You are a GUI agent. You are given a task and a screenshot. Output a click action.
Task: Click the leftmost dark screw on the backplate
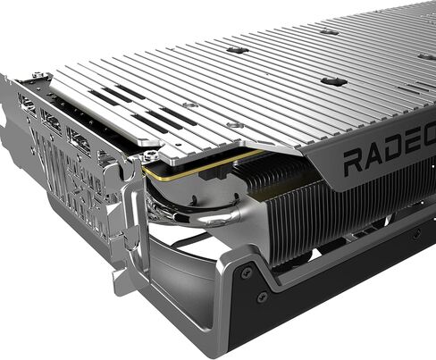[238, 50]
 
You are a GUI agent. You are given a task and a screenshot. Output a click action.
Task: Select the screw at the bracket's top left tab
[37, 76]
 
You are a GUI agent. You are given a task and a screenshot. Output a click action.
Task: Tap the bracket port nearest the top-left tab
[27, 105]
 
